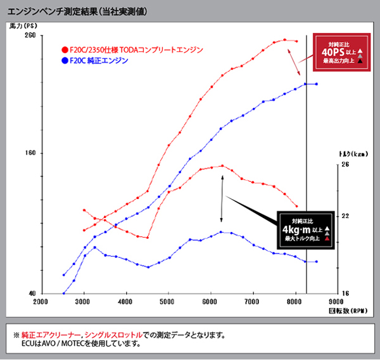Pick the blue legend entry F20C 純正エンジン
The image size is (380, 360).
pyautogui.click(x=98, y=61)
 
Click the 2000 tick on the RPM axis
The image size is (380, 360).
pyautogui.click(x=41, y=302)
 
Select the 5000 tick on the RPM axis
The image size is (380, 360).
pyautogui.click(x=168, y=302)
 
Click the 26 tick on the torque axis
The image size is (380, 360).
pyautogui.click(x=345, y=164)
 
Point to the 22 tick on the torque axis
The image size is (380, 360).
pyautogui.click(x=345, y=216)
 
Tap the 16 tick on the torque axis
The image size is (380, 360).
pyautogui.click(x=345, y=293)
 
